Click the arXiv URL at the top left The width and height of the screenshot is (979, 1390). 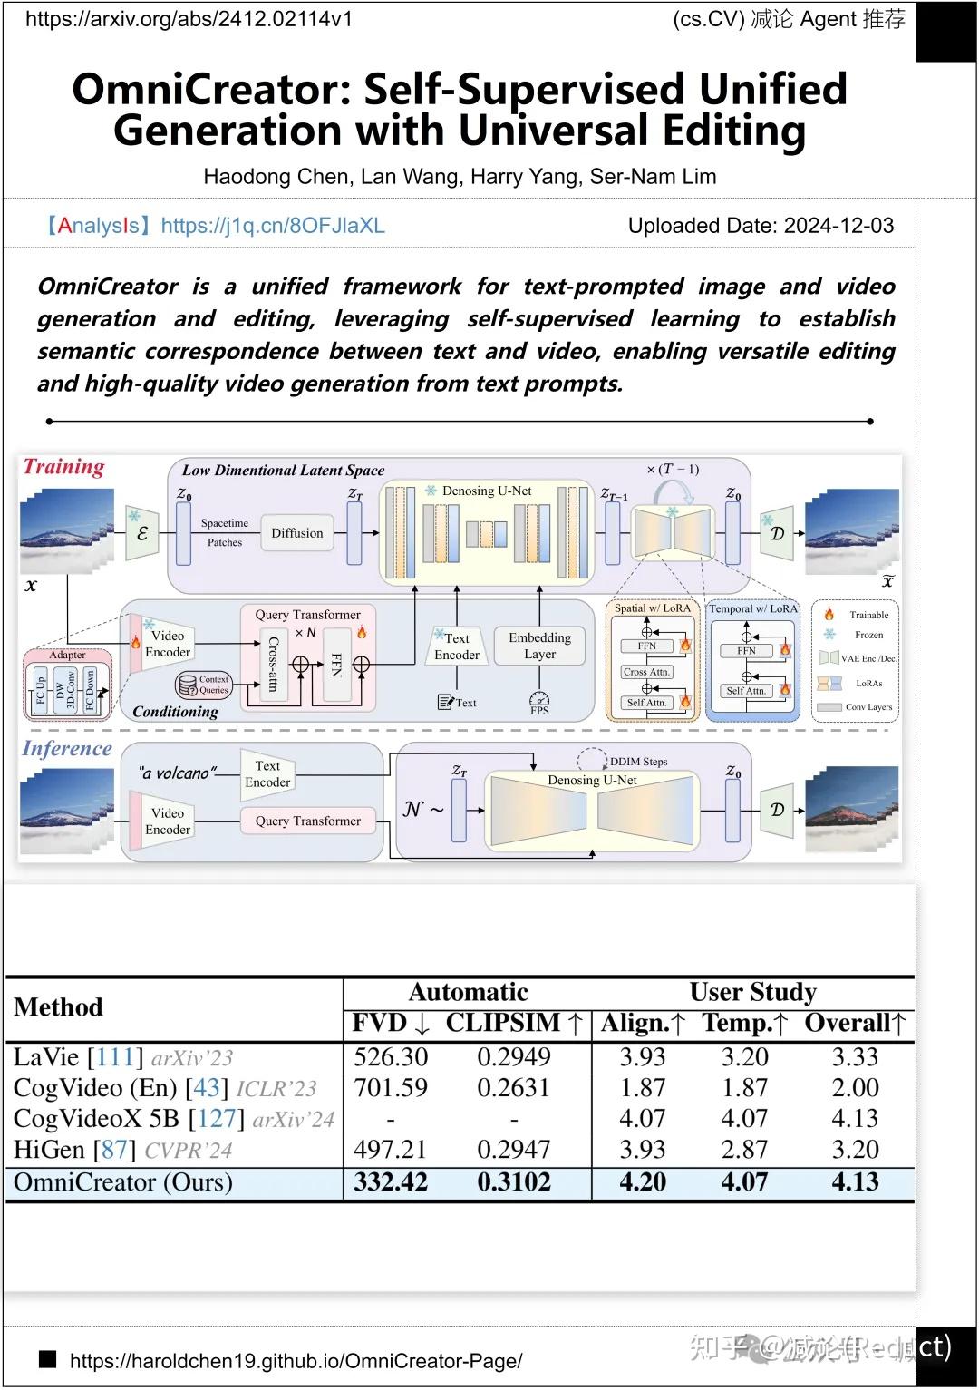(189, 19)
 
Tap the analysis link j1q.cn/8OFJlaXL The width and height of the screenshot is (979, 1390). (273, 226)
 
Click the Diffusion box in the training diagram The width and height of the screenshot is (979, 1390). (296, 533)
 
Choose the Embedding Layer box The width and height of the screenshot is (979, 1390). (539, 646)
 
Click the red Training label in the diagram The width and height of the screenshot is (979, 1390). (64, 467)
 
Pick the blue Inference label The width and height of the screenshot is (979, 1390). (67, 749)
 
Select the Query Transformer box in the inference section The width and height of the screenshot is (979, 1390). (307, 821)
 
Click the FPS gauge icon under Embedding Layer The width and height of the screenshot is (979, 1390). (539, 701)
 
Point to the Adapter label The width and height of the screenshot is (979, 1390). (68, 655)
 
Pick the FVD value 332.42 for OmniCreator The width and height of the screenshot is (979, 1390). (391, 1182)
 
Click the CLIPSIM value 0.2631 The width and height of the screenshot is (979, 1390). (513, 1088)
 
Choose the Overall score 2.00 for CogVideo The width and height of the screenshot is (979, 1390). (855, 1088)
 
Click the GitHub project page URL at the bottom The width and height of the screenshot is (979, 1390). (296, 1361)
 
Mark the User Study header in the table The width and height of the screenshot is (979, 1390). (752, 992)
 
